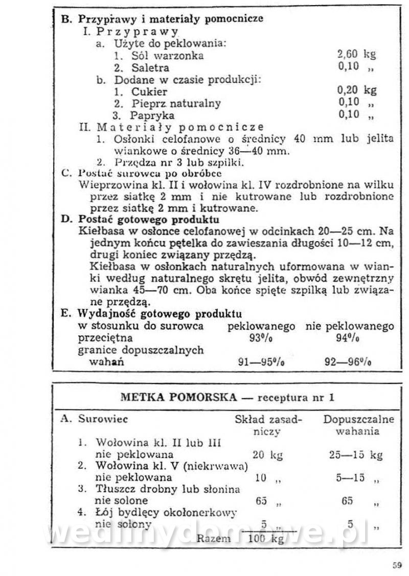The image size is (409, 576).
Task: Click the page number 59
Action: pos(397,565)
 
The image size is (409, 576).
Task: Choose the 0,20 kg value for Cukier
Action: pos(356,91)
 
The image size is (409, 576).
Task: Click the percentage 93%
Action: pos(260,338)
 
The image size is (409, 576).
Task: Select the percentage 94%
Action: pos(349,338)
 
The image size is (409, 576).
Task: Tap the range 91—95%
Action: pos(261,362)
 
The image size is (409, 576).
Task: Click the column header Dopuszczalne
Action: pos(358,420)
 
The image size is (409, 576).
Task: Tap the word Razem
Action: pos(214,538)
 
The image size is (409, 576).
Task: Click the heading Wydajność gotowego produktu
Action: pos(160,314)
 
